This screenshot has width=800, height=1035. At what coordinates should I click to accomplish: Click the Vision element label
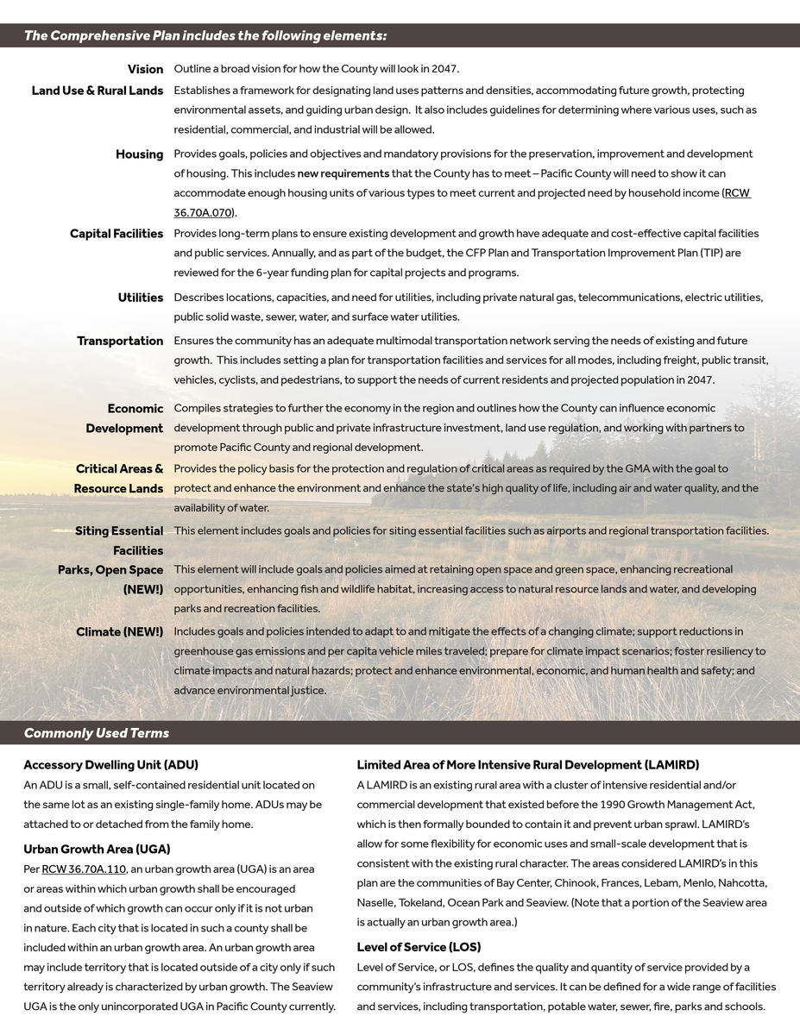coord(145,69)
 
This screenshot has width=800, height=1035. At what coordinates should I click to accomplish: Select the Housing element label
coord(139,154)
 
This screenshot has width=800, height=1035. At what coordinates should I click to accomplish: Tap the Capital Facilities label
coord(117,234)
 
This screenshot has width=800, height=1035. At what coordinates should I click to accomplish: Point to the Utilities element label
coord(141,298)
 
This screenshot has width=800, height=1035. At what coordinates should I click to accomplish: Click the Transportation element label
coord(120,341)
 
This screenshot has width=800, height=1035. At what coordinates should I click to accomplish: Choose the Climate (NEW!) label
coord(119,632)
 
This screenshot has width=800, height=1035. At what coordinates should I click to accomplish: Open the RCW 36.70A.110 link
coord(84,869)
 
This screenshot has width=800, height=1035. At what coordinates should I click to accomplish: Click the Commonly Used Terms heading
coord(97,733)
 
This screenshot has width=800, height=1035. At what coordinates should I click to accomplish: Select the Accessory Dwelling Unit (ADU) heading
coord(110,765)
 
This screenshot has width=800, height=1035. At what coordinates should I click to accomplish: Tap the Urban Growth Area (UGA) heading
coord(97,850)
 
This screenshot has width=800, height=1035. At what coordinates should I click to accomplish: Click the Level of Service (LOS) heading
coord(419,947)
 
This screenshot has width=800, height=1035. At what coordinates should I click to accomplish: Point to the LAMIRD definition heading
coord(527,765)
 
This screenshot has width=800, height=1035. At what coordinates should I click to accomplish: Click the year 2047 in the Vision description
coord(444,69)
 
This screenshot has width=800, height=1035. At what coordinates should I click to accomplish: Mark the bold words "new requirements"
coord(343,174)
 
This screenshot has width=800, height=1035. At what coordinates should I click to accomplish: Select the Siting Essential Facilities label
coord(119,541)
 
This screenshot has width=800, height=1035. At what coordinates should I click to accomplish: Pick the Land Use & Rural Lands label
coord(98,91)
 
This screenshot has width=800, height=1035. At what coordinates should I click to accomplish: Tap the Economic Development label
coord(124,418)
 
